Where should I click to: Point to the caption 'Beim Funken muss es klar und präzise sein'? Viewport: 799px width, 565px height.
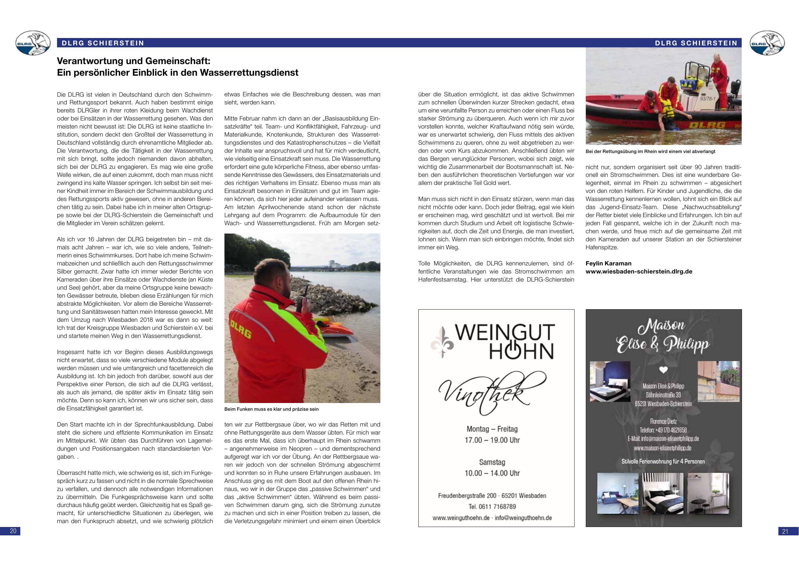271,409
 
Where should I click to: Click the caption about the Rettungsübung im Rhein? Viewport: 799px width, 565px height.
650,152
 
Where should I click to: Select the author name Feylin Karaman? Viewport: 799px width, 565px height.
608,263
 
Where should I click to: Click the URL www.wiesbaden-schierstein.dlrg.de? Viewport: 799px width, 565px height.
639,271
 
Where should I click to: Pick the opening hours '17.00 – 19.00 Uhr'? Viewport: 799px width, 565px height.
492,440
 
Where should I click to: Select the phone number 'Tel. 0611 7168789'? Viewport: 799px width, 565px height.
492,506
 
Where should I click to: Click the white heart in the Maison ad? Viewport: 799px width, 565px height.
664,370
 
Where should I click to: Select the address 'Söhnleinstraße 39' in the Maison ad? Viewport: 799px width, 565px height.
664,395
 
